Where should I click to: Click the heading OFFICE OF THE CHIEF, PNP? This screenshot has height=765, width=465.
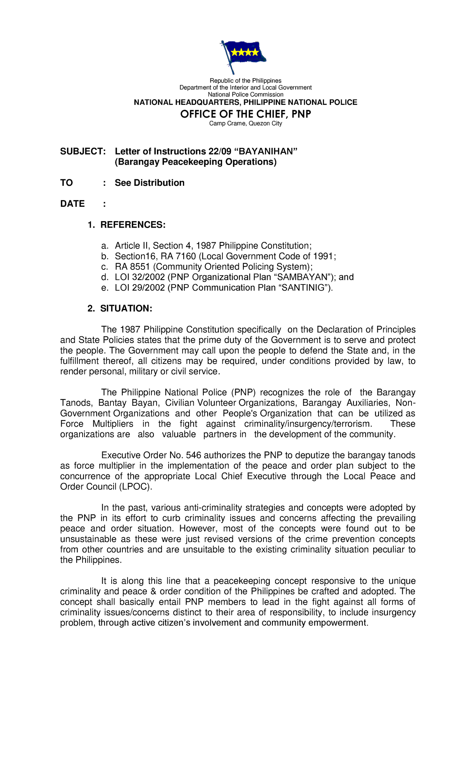tap(245, 114)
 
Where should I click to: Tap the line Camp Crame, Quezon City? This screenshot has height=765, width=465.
tap(245, 123)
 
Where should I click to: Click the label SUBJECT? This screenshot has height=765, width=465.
tap(83, 151)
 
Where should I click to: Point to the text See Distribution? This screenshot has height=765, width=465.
tap(149, 183)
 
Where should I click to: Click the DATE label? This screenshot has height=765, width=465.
tap(72, 204)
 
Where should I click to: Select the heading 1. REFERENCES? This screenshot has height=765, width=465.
tap(127, 225)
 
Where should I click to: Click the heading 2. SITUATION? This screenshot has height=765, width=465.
tap(120, 309)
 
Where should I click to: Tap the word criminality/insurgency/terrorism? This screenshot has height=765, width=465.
tap(308, 424)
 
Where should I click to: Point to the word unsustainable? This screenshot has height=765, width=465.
tap(88, 539)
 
